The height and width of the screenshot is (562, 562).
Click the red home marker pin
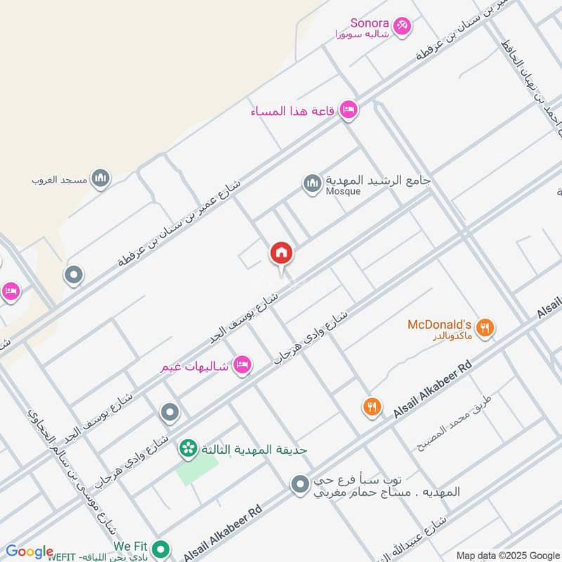coord(282,254)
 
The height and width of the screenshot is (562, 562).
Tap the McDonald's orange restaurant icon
coord(485,327)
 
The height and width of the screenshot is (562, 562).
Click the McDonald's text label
coord(439,325)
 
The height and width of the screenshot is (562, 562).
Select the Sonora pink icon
coord(402,26)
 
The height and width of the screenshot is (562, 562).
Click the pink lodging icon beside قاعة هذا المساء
coord(348,110)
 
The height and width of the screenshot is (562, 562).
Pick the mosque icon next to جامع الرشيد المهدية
coord(313,184)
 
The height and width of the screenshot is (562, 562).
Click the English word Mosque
coord(343,192)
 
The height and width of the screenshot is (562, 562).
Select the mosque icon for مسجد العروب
coord(100,178)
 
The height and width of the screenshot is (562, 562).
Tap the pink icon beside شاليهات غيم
coord(242,365)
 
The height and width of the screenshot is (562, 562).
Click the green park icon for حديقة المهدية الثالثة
coord(188,447)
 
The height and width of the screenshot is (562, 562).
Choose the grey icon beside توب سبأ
coord(300,484)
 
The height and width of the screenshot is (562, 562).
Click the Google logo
coord(29,551)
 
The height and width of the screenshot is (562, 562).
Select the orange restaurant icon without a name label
coord(372,406)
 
